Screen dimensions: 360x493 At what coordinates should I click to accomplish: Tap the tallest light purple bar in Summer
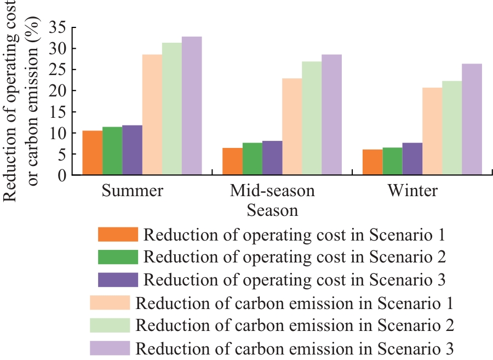click(x=192, y=106)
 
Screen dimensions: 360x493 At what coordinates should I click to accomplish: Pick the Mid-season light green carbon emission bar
click(x=312, y=118)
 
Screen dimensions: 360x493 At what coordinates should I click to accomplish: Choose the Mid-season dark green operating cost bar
click(x=252, y=159)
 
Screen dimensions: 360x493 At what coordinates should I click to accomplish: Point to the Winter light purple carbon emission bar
click(x=472, y=119)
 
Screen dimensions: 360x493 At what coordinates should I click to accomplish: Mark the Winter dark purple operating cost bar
click(x=412, y=159)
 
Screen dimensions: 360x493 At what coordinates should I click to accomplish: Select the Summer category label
click(x=132, y=191)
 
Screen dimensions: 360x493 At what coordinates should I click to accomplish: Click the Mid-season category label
click(x=272, y=191)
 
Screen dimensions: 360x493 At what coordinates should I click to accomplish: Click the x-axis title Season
click(x=272, y=210)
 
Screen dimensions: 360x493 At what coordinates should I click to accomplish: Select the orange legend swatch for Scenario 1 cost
click(x=118, y=235)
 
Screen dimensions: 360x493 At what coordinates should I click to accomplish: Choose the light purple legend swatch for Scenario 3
click(x=110, y=347)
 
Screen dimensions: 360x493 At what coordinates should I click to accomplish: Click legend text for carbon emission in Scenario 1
click(x=295, y=303)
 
